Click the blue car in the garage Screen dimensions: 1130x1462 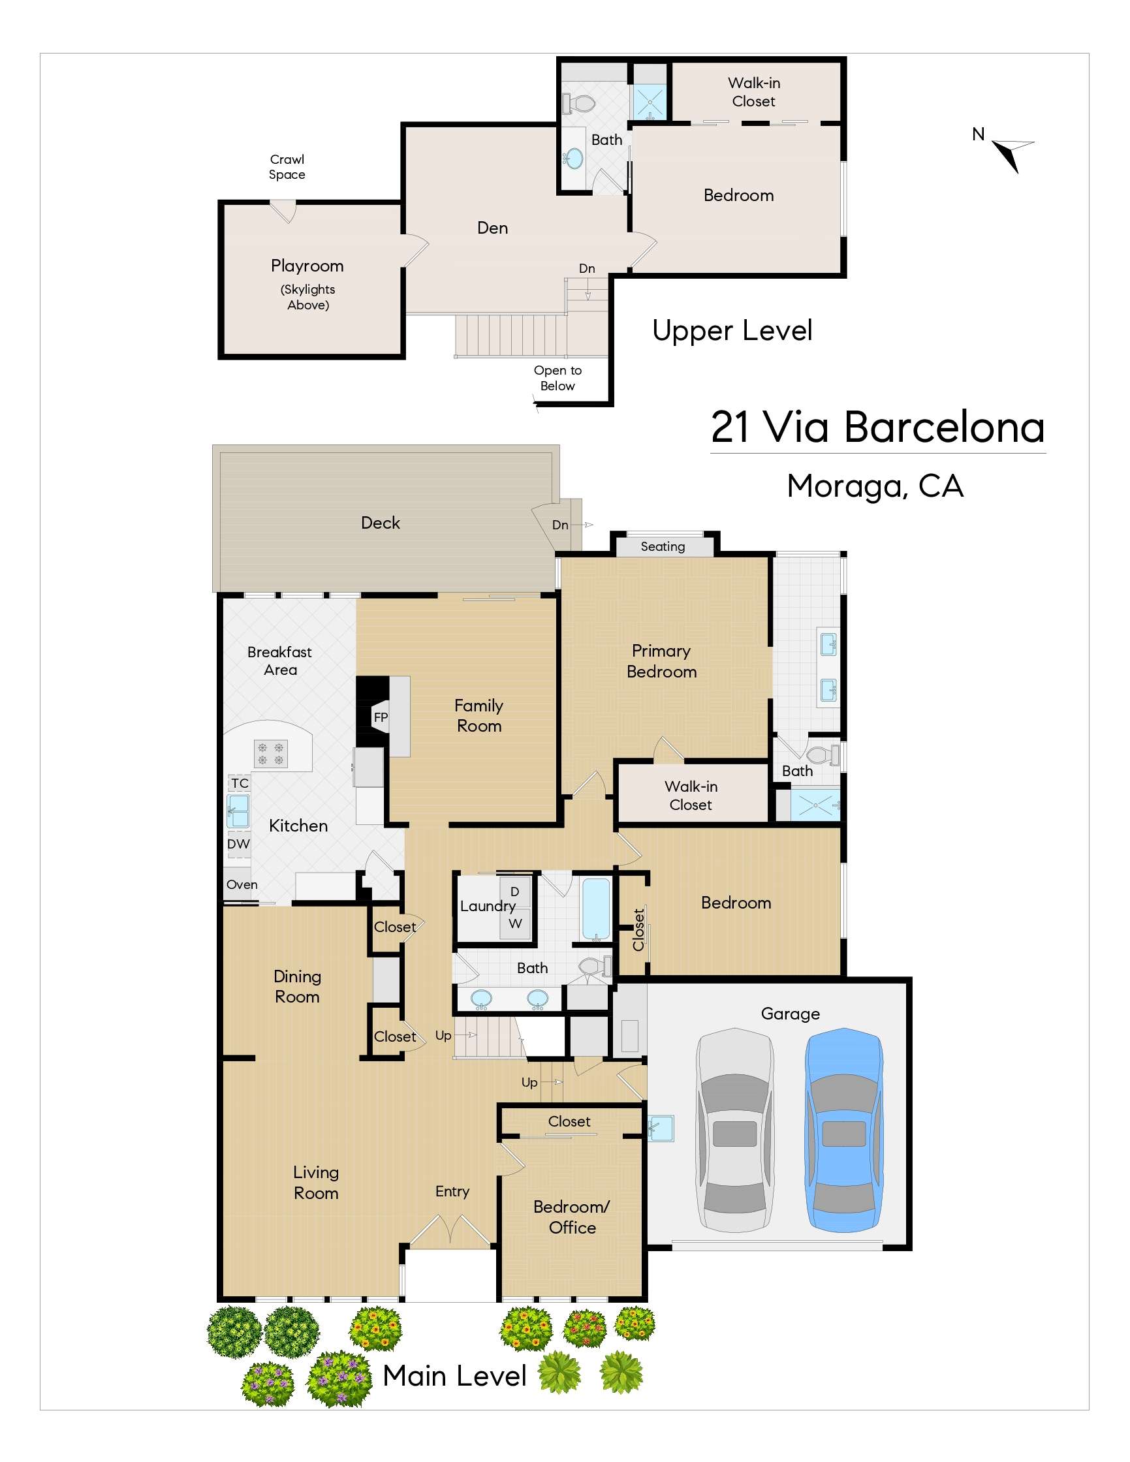(x=843, y=1130)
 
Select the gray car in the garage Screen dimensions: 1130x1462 (x=735, y=1130)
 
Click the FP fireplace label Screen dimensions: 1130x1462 (x=381, y=717)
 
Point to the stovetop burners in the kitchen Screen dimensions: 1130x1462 (x=271, y=754)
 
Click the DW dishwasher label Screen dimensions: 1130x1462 (x=238, y=844)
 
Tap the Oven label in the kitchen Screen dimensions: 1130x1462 (x=242, y=884)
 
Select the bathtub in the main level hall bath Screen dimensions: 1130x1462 (x=597, y=909)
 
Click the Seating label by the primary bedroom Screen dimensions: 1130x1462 (x=663, y=546)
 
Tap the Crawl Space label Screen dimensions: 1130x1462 (x=287, y=166)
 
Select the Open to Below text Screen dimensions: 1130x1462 (x=557, y=378)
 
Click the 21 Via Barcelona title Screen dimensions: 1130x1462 (x=877, y=426)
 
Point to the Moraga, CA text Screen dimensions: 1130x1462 (x=875, y=486)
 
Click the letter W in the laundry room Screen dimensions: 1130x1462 (x=515, y=924)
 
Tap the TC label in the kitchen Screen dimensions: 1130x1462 (x=240, y=783)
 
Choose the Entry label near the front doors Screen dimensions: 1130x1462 (x=452, y=1192)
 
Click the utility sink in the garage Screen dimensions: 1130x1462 (x=661, y=1128)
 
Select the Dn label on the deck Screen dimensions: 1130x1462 (x=560, y=525)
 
